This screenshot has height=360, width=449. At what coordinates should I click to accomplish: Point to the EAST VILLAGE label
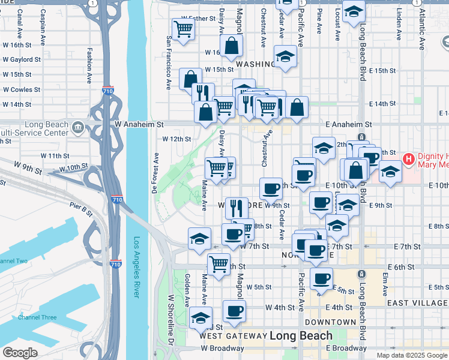click(x=418, y=303)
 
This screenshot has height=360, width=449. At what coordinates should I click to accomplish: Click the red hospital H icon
click(x=409, y=159)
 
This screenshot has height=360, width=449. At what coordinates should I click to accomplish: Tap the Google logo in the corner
click(x=20, y=352)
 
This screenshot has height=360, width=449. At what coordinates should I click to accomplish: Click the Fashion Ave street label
click(x=89, y=65)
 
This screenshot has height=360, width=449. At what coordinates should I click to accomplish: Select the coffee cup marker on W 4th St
click(x=234, y=310)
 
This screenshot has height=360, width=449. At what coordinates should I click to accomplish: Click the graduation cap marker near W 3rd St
click(x=200, y=317)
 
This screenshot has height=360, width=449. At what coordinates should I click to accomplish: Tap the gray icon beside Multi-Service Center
click(x=78, y=128)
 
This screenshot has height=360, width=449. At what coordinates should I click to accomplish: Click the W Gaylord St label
click(x=20, y=59)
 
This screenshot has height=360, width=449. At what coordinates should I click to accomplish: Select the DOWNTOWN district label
click(x=330, y=322)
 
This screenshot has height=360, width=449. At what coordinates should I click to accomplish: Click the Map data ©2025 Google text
click(x=412, y=355)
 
